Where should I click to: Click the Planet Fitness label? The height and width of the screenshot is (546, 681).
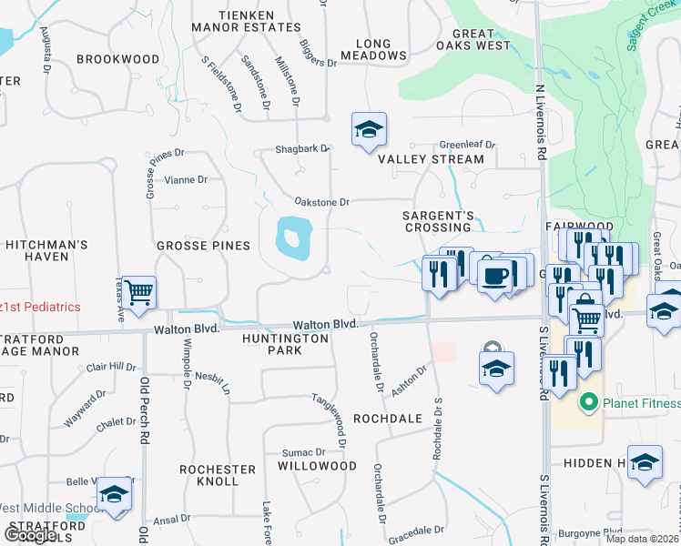click(x=642, y=403)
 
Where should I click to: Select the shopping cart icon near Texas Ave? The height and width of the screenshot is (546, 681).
click(x=139, y=293)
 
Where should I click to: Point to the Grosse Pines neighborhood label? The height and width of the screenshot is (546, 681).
click(x=203, y=246)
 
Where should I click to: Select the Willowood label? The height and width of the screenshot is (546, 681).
click(x=317, y=465)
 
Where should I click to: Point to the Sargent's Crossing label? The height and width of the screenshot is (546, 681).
click(x=440, y=221)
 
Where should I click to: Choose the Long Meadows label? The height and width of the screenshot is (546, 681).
click(x=373, y=49)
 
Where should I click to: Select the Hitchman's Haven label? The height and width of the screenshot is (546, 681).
click(x=47, y=250)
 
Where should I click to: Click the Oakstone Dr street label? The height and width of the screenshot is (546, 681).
click(x=321, y=202)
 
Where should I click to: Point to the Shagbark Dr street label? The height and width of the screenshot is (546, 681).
click(x=302, y=149)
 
